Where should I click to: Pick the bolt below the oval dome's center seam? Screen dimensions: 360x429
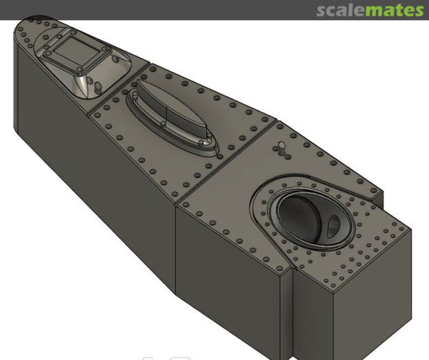point(163,124)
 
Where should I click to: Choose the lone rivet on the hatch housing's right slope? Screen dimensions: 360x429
point(116,59)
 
